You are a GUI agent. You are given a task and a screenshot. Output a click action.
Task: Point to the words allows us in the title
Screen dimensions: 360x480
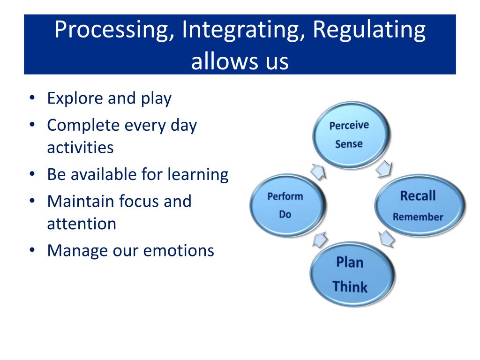[240, 61]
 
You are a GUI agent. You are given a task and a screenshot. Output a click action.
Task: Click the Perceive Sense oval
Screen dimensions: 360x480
[349, 135]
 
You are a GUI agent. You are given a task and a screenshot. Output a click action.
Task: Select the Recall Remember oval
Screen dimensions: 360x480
[418, 205]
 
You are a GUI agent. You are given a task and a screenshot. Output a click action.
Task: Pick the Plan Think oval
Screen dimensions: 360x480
[350, 274]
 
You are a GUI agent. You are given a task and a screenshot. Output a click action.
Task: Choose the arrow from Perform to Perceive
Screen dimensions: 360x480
[318, 172]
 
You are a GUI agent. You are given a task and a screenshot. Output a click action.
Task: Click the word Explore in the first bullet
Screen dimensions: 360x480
[75, 98]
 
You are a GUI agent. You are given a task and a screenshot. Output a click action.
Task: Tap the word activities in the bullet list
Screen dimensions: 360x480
[80, 147]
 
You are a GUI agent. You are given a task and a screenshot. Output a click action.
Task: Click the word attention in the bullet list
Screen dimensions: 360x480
[82, 223]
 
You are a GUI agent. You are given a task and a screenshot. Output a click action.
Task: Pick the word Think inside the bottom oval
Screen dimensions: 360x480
[350, 286]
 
